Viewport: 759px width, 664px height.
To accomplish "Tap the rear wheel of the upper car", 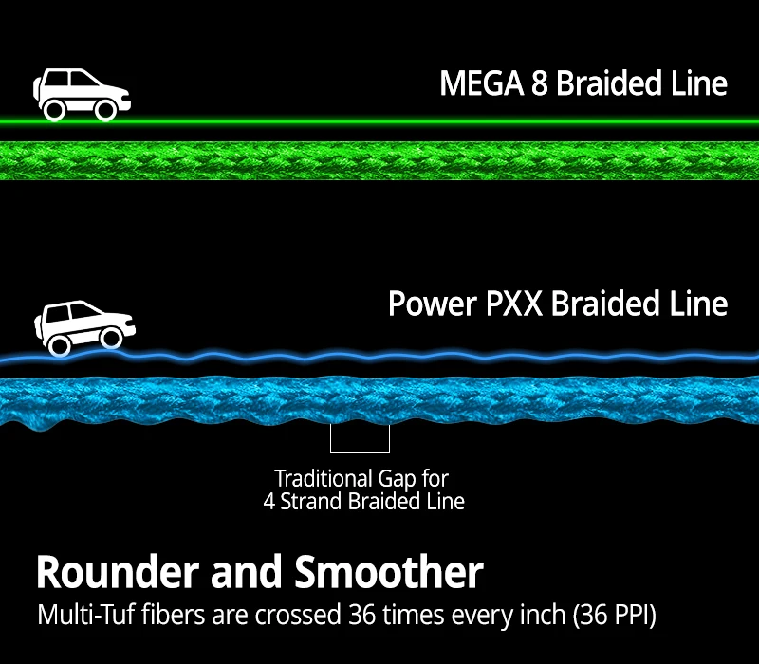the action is tap(55, 110).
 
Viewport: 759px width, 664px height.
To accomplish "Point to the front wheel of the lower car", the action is tap(110, 338).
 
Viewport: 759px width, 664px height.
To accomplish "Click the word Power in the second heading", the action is tap(432, 304).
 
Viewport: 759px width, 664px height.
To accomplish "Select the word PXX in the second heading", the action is tap(512, 304).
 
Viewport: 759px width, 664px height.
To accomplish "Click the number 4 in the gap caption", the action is tap(269, 501).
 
